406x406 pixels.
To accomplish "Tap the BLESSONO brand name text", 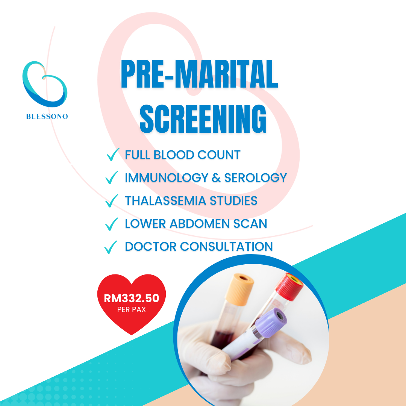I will [47, 117].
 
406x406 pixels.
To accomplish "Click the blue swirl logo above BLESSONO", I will [44, 84].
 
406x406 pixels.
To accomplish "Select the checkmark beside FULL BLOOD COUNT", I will [113, 155].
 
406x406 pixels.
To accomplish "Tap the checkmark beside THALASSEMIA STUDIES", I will [112, 201].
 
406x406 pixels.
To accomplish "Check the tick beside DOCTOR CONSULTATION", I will [111, 247].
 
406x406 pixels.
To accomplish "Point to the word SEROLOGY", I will [256, 177].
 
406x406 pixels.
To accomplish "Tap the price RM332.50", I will [132, 298].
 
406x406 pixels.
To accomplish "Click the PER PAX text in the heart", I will [132, 310].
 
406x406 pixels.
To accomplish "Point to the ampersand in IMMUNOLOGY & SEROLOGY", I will [216, 177].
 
